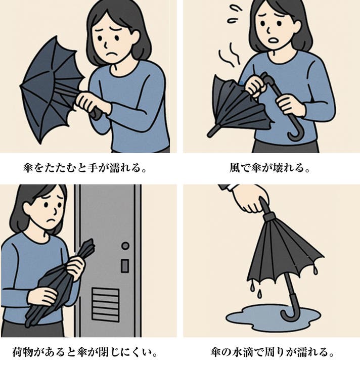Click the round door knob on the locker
tap(125, 246)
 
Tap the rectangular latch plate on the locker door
tap(125, 266)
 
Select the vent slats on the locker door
tap(106, 304)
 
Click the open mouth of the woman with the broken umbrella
tap(274, 40)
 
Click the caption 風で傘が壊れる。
tap(269, 168)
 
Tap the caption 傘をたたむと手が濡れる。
tap(85, 168)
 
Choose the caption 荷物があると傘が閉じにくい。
tap(85, 352)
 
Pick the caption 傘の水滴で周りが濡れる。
tap(272, 352)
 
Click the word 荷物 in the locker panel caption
tap(23, 352)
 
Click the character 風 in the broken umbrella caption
tap(235, 168)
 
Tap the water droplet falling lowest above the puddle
tap(259, 293)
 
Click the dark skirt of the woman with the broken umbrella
tap(286, 147)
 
